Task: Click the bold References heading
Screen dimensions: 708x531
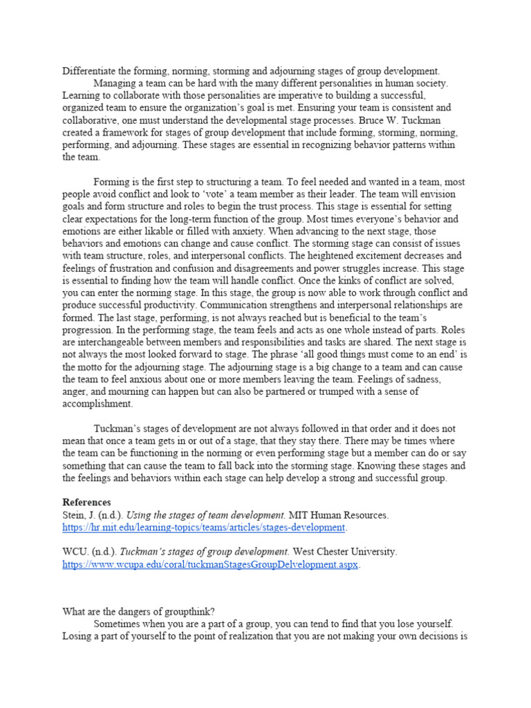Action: pos(86,502)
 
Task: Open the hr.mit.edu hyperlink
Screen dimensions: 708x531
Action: pos(203,528)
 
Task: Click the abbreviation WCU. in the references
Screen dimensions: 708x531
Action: pos(76,552)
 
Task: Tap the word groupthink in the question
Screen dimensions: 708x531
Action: pos(189,611)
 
